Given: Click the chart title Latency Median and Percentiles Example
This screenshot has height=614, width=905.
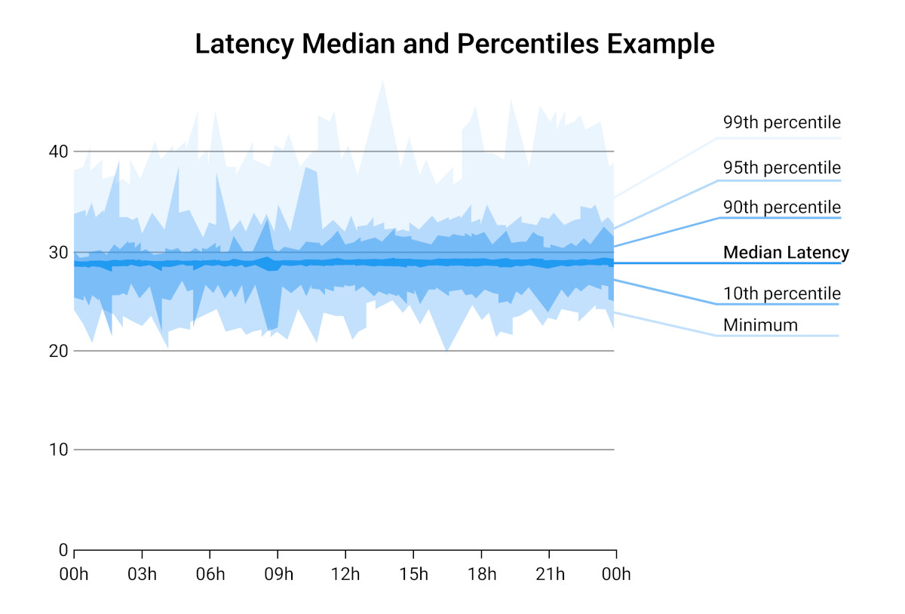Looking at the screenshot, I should [x=454, y=44].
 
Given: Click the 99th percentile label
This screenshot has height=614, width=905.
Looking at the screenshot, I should [x=781, y=123].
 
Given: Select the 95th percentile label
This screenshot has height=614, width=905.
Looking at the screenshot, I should [x=781, y=167].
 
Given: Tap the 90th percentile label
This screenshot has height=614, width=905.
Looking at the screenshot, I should [x=781, y=207].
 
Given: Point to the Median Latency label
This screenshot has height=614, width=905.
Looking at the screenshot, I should [x=786, y=253].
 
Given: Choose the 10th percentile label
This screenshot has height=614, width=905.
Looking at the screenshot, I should [x=781, y=293].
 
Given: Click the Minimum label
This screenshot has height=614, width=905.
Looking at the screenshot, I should [x=759, y=325].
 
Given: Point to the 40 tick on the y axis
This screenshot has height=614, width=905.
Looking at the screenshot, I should [x=59, y=152].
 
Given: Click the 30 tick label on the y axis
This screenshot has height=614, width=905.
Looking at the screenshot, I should [x=59, y=252].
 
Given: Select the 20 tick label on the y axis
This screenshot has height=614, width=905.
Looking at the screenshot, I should [x=59, y=352].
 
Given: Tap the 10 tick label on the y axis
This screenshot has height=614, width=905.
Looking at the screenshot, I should [x=59, y=450].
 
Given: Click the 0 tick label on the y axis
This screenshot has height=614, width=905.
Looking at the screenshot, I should [x=63, y=550].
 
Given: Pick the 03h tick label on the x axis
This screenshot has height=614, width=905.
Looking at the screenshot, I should [x=142, y=575].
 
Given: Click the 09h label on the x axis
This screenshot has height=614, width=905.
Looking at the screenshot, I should [x=278, y=575].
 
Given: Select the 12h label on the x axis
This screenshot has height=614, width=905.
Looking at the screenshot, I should [x=345, y=575].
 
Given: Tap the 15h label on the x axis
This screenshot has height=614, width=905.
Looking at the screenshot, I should [x=413, y=575].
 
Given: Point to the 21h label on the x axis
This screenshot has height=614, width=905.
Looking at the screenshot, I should [x=549, y=575].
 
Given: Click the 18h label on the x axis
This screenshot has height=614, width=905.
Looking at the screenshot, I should [x=481, y=575].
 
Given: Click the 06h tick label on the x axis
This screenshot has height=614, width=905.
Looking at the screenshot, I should [x=210, y=575].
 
